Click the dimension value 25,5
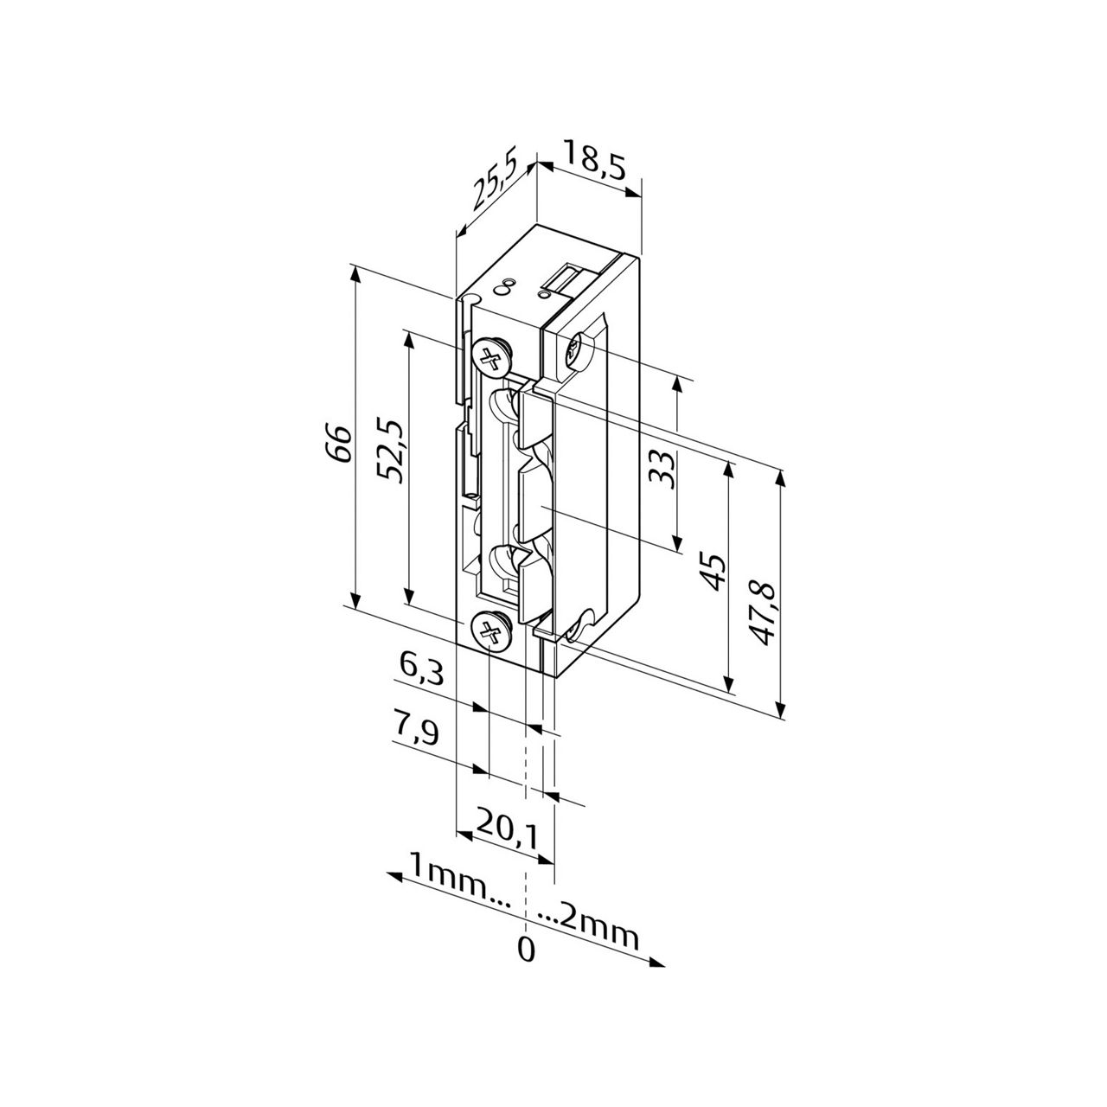pos(495,179)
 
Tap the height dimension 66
pos(338,443)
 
